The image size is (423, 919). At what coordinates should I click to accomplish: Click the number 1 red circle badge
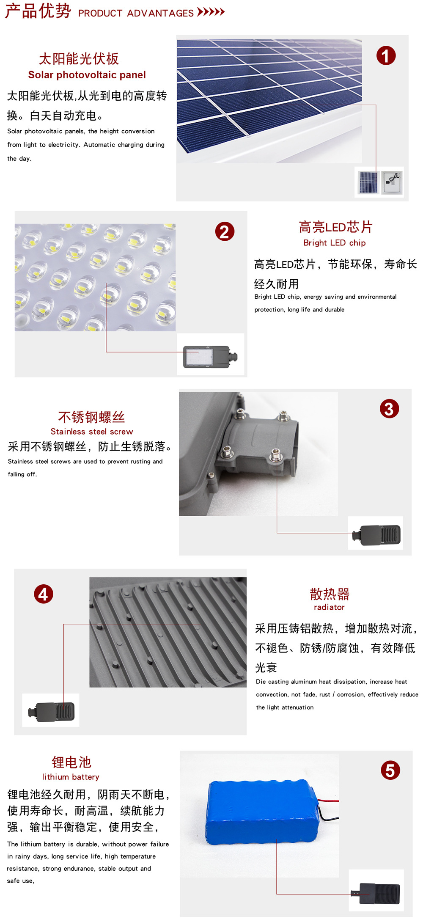386,56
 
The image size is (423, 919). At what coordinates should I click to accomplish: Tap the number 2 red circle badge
225,231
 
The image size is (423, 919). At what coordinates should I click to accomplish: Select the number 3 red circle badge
389,408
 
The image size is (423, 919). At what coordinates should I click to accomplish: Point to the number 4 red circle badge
44,594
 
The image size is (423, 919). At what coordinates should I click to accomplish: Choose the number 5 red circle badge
390,770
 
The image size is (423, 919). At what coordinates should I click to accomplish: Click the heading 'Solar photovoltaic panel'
87,75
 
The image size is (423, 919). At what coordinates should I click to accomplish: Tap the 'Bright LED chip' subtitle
335,243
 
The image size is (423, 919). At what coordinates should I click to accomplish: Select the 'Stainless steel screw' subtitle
92,432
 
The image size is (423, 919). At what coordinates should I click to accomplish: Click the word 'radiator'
329,607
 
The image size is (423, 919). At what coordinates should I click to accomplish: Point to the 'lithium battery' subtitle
71,777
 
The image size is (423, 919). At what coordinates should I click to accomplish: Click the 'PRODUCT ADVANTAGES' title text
136,13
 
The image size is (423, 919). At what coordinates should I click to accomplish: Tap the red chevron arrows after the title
211,11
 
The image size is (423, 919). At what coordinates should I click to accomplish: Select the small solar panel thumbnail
368,182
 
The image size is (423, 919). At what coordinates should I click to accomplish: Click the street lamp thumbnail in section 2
210,356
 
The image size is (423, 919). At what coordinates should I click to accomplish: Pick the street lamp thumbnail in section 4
51,711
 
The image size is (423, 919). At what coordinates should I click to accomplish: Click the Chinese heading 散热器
330,594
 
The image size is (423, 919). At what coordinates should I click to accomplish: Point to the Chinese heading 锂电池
71,762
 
